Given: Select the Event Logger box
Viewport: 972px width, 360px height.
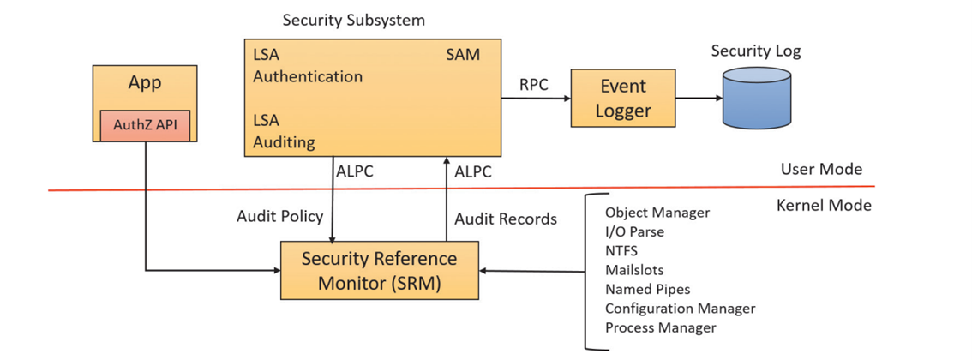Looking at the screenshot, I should click(x=623, y=98).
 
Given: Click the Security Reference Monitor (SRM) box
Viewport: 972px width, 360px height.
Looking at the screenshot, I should click(x=380, y=270).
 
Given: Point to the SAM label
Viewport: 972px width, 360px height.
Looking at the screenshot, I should click(x=463, y=55).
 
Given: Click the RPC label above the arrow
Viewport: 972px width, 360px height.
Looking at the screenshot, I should click(x=534, y=84).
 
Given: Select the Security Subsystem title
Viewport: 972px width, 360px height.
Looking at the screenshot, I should click(x=353, y=20).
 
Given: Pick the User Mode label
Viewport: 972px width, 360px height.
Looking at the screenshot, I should click(x=821, y=169).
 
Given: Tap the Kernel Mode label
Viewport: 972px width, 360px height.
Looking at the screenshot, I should click(x=824, y=206).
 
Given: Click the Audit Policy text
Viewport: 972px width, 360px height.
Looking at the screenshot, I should click(x=280, y=216).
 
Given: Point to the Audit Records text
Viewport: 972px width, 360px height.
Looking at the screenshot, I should click(x=506, y=219).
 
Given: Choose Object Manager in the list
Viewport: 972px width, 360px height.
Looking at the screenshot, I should click(x=657, y=213).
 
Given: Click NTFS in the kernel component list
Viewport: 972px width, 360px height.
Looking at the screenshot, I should click(x=621, y=251).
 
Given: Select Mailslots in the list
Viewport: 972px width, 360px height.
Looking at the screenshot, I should click(x=634, y=270).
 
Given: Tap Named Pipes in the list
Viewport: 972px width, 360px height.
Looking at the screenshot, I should click(x=647, y=289).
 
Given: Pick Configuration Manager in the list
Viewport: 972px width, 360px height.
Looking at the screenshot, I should click(x=680, y=309).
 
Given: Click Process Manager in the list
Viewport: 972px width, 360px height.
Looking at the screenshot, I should click(x=660, y=327).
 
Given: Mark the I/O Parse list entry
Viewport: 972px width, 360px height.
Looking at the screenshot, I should click(x=634, y=231).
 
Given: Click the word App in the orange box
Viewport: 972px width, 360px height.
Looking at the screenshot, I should click(x=145, y=83).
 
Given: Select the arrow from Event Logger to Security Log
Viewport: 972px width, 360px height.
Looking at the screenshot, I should click(x=699, y=98).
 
